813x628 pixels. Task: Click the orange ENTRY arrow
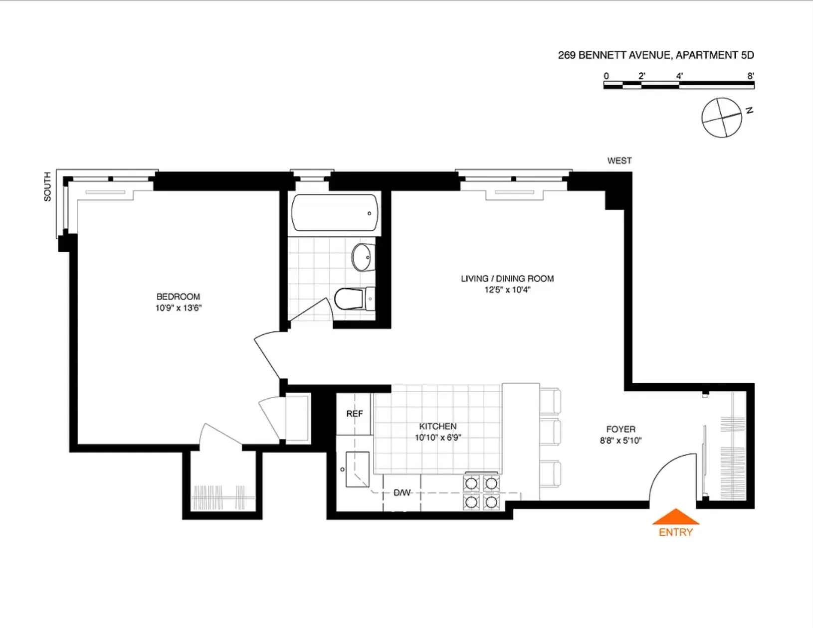coord(675,518)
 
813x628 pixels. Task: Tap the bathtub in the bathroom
coord(335,213)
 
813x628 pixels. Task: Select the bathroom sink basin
coord(363,257)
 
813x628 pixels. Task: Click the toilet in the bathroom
coord(353,299)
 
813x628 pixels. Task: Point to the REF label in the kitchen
coord(355,414)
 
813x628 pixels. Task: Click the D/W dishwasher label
coord(402,493)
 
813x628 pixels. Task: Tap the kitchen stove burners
coord(481,492)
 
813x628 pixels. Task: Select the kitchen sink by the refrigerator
coord(357,469)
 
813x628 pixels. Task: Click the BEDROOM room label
coord(178,297)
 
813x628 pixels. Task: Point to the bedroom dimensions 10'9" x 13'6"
coord(178,308)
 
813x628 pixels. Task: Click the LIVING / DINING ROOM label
coord(507,279)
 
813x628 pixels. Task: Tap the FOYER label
coord(620,429)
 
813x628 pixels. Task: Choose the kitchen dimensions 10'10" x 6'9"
coord(438,438)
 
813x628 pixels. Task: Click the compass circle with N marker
coord(722,118)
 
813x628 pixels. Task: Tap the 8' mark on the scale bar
coord(751,76)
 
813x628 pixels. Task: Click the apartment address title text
coord(655,55)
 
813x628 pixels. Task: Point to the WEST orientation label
coord(619,160)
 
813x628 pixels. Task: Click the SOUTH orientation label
coord(47,186)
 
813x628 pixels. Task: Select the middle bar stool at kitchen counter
coord(551,432)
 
